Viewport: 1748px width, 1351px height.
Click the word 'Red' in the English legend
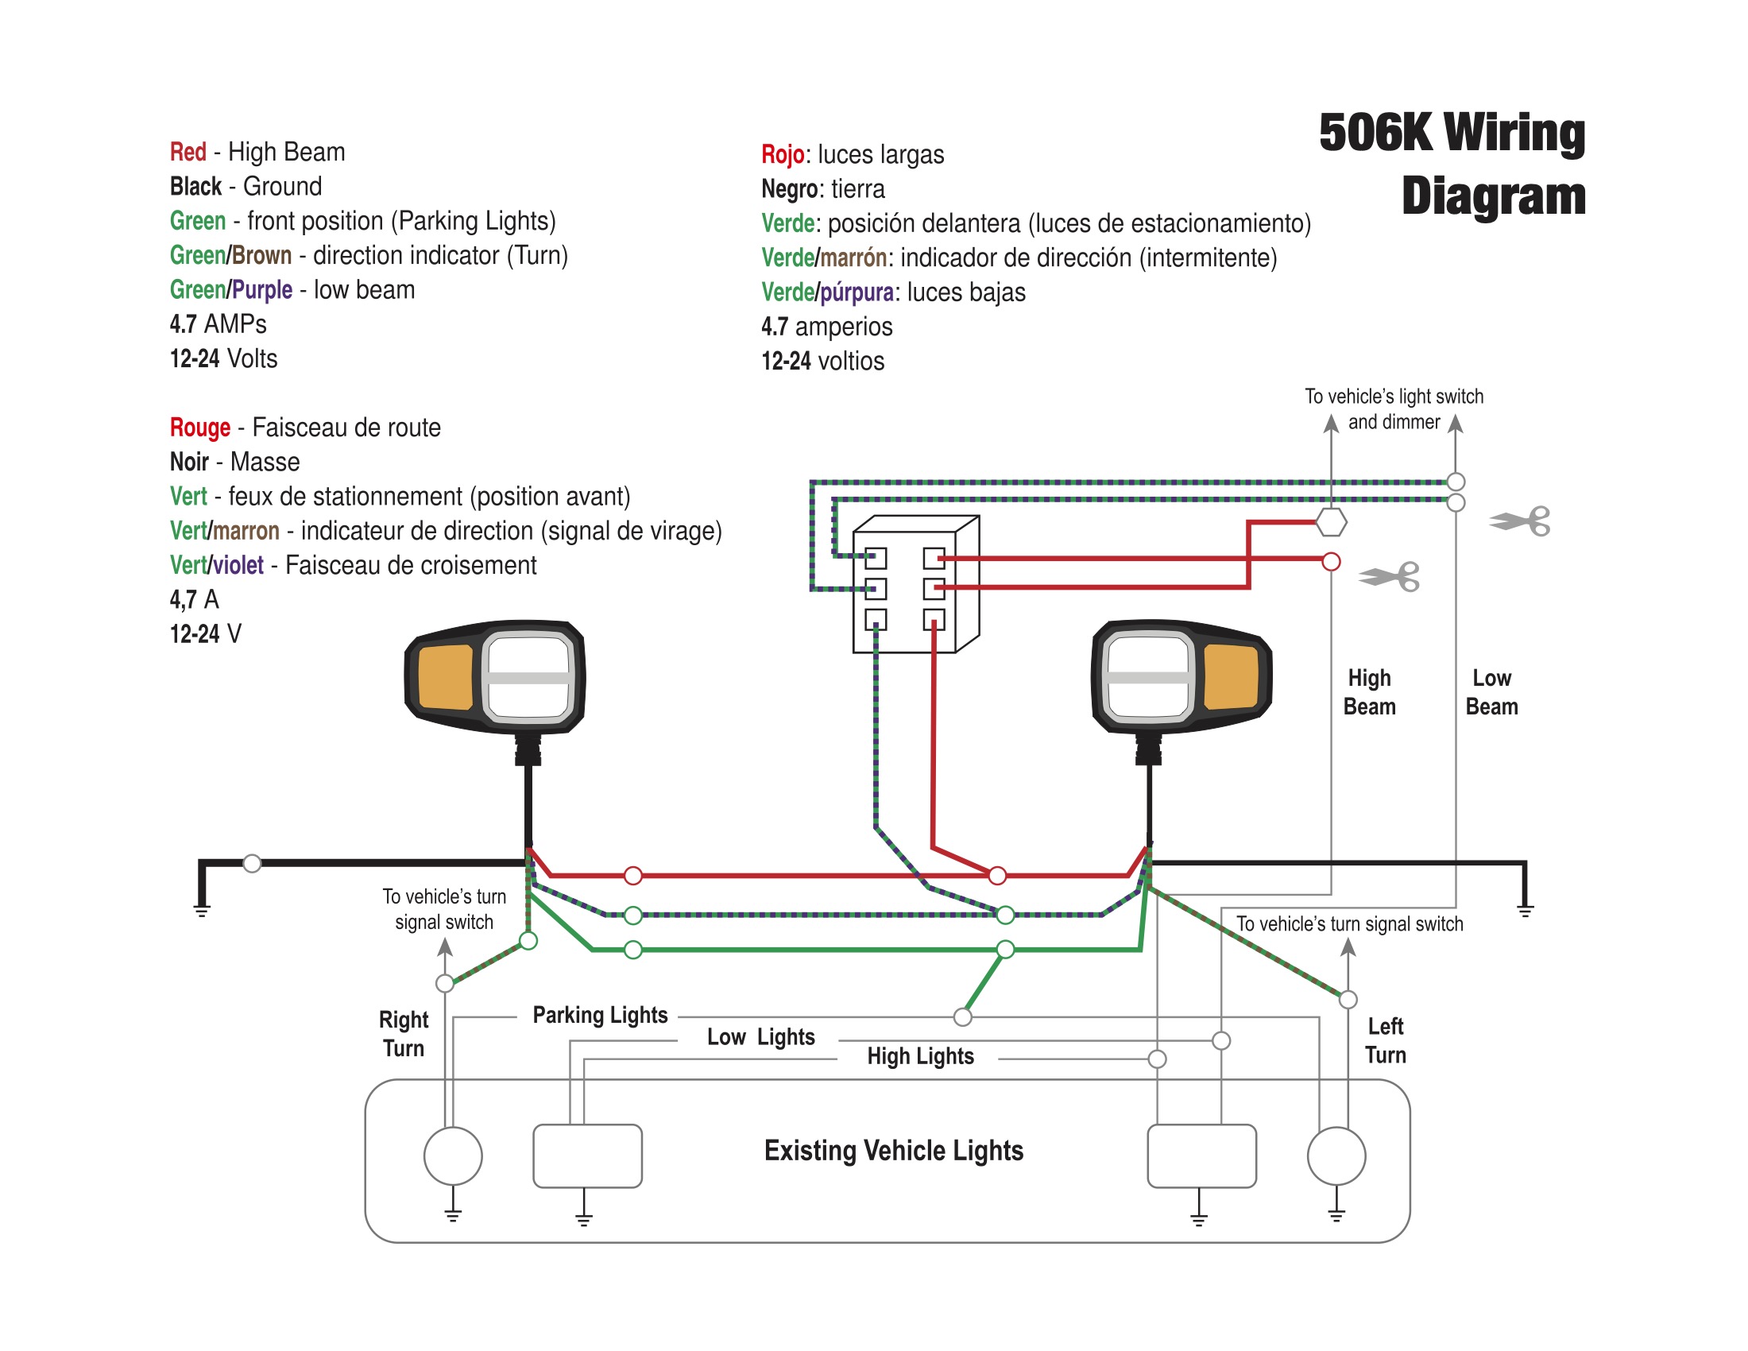[188, 151]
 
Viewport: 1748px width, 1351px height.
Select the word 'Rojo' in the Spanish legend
[782, 153]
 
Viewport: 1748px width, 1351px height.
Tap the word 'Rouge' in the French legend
[199, 428]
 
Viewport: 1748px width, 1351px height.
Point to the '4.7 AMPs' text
[218, 324]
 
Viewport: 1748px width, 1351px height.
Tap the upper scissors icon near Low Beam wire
[1519, 522]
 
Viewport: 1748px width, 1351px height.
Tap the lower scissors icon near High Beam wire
[1389, 576]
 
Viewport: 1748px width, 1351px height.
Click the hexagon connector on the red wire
[1331, 522]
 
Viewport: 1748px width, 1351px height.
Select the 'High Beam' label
[1369, 692]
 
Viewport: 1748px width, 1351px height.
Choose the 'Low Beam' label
[1491, 692]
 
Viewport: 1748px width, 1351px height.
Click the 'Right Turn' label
[404, 1034]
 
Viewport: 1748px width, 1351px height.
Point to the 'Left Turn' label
[1386, 1040]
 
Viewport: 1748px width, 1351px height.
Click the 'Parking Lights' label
[599, 1015]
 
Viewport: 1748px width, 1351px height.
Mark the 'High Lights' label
[920, 1056]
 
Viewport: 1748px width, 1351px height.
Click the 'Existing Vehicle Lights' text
[893, 1150]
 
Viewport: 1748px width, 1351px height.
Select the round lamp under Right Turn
[453, 1156]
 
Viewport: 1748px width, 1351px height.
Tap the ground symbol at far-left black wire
[202, 910]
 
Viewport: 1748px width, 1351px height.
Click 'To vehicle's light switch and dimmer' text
[1394, 409]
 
